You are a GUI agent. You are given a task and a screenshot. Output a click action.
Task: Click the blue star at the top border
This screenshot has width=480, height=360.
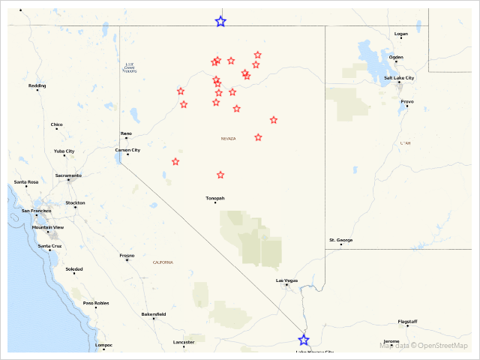(220, 22)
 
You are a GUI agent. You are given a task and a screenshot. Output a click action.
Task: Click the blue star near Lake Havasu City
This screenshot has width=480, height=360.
(304, 340)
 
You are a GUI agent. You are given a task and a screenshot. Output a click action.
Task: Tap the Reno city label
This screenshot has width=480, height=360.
(126, 133)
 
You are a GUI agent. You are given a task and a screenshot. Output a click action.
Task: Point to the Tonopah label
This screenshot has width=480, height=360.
(215, 198)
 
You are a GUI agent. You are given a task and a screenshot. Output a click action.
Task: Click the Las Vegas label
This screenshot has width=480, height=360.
(286, 280)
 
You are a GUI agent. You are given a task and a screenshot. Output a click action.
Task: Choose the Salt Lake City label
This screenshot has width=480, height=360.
(399, 78)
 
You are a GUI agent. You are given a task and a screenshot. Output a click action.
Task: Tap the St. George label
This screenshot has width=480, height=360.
(340, 240)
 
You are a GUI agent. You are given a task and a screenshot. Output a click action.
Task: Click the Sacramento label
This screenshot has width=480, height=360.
(68, 175)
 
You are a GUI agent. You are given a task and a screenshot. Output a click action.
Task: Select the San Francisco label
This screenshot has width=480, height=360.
(36, 211)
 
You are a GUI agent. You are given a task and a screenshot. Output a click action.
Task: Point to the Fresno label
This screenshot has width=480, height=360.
(127, 255)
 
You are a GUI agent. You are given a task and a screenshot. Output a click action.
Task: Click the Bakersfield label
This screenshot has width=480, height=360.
(154, 314)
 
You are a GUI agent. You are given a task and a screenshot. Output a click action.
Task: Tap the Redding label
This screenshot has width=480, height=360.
(37, 85)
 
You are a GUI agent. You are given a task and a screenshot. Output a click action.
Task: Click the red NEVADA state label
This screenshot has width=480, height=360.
(228, 139)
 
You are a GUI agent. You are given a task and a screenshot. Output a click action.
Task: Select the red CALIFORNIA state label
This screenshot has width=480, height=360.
(163, 262)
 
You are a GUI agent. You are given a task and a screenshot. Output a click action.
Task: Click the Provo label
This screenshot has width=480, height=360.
(407, 101)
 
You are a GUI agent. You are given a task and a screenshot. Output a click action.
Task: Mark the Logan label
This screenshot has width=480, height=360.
(401, 34)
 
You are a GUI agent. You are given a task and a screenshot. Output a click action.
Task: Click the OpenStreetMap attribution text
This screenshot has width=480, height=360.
(442, 346)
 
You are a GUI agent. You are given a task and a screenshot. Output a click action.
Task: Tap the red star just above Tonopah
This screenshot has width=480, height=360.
(220, 175)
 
